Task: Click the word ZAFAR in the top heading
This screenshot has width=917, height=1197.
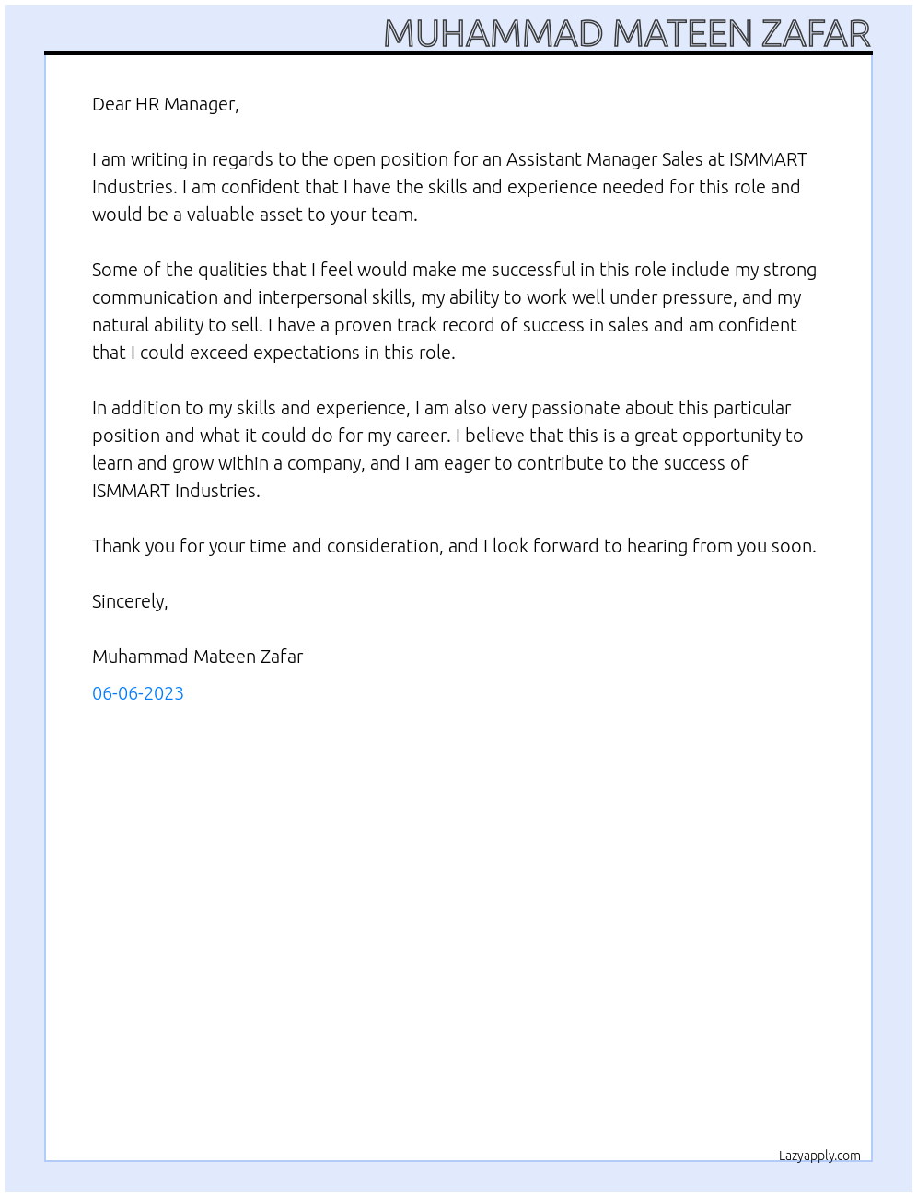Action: tap(816, 34)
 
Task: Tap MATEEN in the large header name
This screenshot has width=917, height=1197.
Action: tap(681, 34)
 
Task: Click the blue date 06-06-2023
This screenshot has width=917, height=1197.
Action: tap(138, 693)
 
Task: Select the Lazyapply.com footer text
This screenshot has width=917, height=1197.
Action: tap(819, 1156)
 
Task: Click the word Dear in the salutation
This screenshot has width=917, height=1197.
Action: tap(111, 104)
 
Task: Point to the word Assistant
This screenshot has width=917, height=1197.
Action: tap(543, 159)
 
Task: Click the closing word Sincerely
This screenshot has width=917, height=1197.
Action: tap(129, 601)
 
